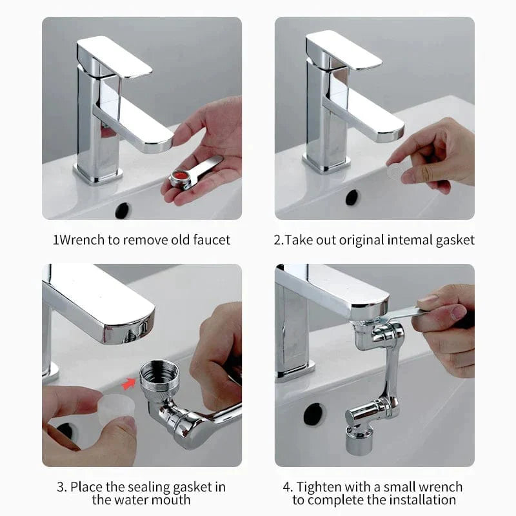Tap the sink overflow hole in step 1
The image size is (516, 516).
click(123, 210)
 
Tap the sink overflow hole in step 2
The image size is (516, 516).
click(352, 197)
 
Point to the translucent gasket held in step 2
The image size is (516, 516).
click(395, 172)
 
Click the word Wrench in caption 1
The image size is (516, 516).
click(80, 240)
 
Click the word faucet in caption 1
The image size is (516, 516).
click(211, 240)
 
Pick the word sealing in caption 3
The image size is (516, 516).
click(144, 486)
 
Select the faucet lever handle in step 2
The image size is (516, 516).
click(343, 50)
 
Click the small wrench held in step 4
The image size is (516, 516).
click(404, 314)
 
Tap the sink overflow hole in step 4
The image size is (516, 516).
click(314, 413)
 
